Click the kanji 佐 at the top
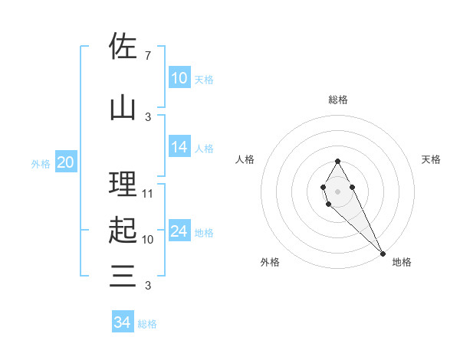[123, 46]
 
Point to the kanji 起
[123, 230]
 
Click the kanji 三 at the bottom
[123, 276]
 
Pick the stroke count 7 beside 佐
[147, 56]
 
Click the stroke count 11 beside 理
[148, 194]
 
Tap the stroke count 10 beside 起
[148, 239]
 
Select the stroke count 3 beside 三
[147, 286]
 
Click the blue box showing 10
[179, 78]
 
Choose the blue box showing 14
[179, 147]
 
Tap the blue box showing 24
[179, 231]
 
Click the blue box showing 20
[66, 162]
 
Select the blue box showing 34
[123, 322]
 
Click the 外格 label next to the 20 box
[41, 163]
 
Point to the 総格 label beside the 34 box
[148, 324]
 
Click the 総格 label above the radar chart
[338, 100]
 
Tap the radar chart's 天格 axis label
[432, 159]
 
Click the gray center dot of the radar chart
[338, 191]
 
